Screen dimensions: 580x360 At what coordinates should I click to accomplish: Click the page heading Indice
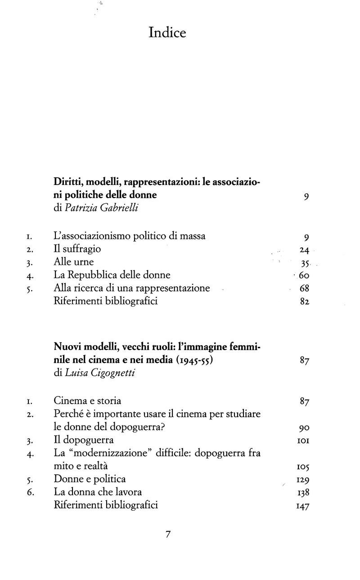[167, 33]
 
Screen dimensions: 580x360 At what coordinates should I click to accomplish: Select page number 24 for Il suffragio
[304, 250]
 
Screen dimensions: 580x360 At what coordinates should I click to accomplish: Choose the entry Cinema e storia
[87, 400]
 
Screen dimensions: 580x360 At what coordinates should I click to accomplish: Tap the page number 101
[302, 440]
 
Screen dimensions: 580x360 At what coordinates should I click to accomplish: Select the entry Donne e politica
[90, 479]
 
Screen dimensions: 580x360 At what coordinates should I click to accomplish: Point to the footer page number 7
[168, 535]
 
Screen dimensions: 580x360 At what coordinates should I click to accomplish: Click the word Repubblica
[94, 275]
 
